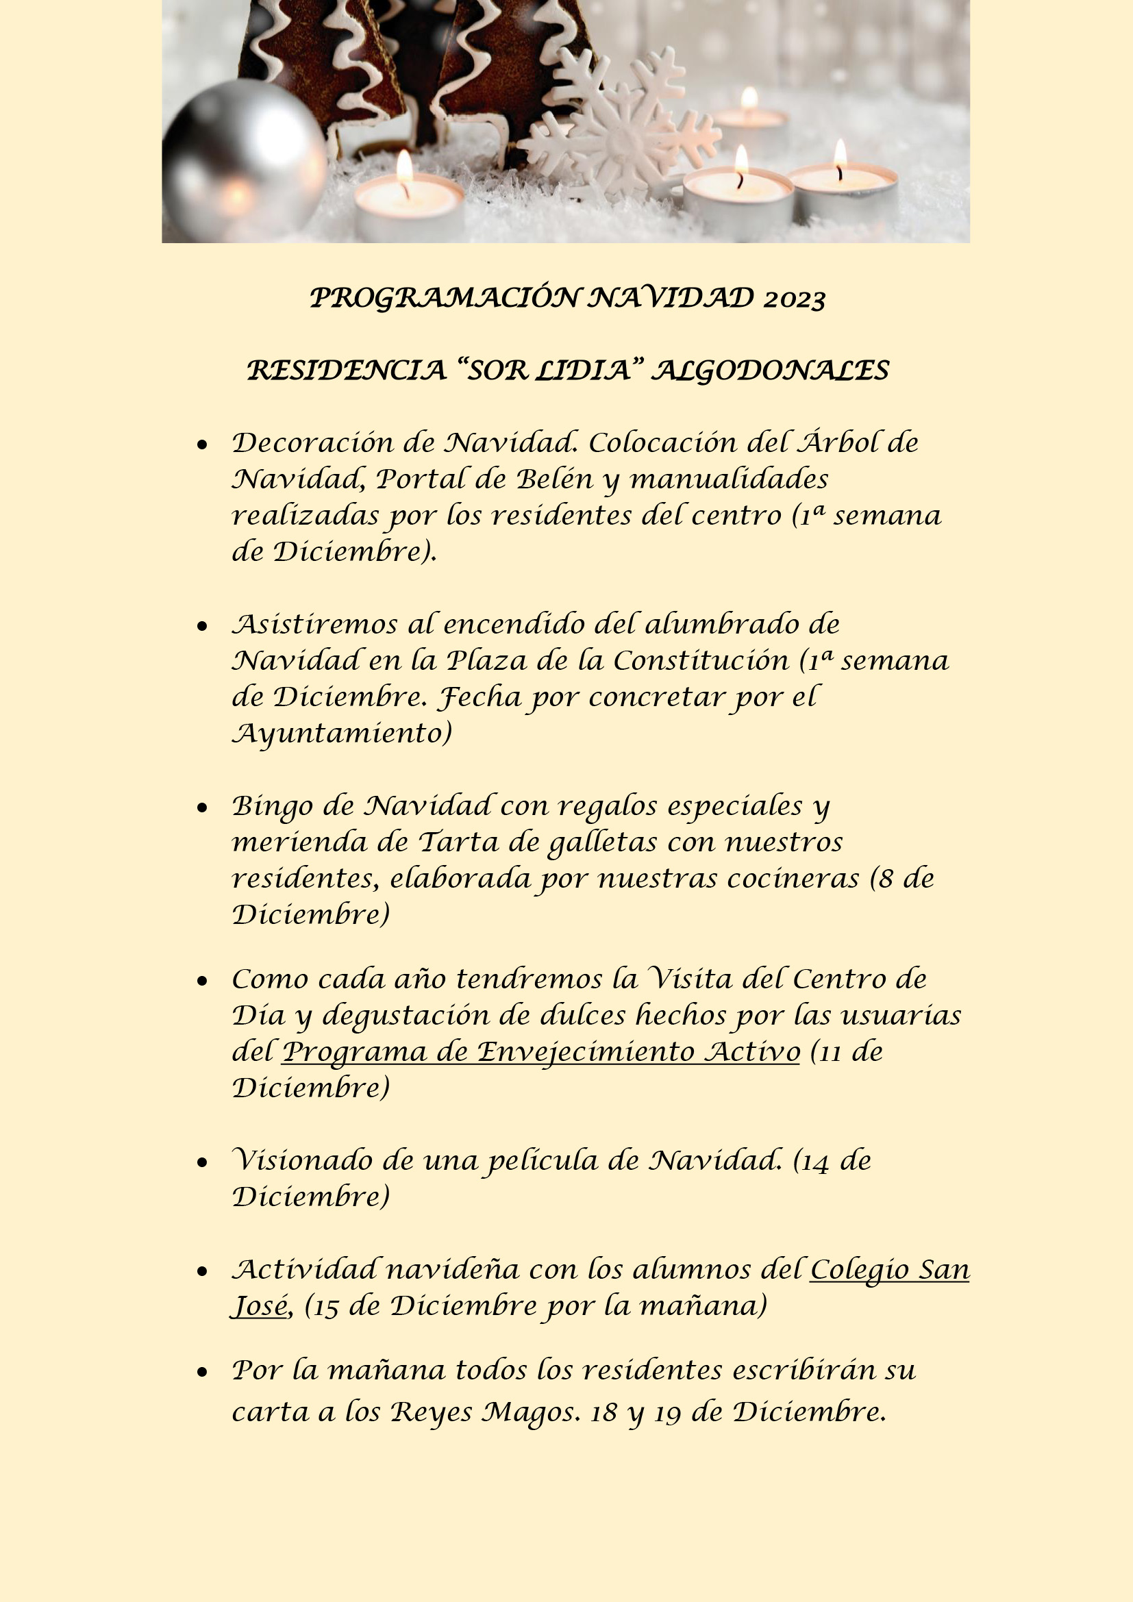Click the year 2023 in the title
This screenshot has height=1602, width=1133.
click(x=795, y=299)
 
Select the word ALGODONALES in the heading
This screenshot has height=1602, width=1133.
click(x=770, y=371)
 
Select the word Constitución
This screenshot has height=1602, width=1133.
click(x=701, y=660)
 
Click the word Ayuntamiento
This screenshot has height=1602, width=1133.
click(x=342, y=734)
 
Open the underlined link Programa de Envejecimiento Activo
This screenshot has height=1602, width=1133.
click(x=540, y=1051)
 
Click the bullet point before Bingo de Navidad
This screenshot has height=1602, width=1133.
click(x=202, y=808)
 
